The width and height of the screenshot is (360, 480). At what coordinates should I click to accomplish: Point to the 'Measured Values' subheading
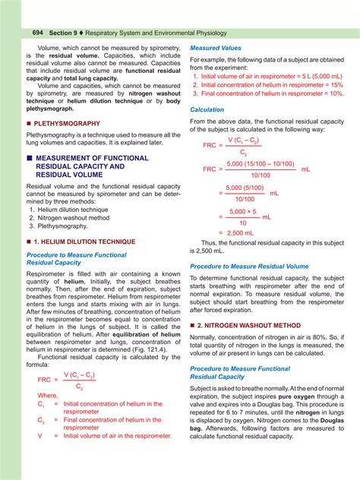click(x=215, y=47)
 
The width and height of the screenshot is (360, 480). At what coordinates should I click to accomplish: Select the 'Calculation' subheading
click(x=207, y=109)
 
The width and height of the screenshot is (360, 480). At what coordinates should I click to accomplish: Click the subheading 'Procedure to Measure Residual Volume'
click(x=249, y=267)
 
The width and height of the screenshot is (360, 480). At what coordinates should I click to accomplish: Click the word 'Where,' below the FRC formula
click(x=49, y=396)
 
